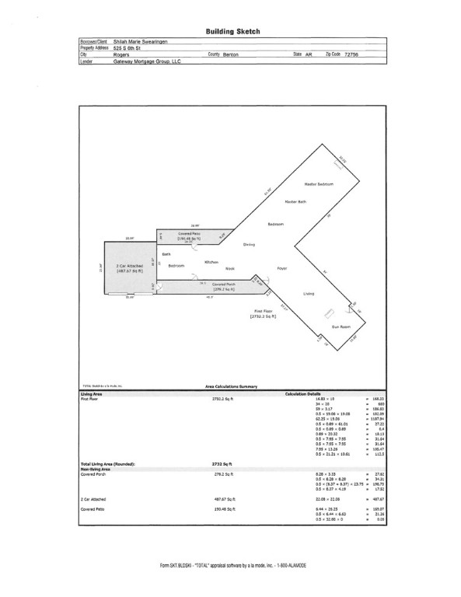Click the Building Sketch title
[x=232, y=32]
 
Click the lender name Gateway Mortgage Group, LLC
[x=147, y=61]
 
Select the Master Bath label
[x=297, y=202]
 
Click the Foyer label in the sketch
[x=282, y=267]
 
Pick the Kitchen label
[x=211, y=262]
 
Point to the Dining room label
[x=249, y=244]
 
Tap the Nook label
[x=230, y=267]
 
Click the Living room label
[x=309, y=294]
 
